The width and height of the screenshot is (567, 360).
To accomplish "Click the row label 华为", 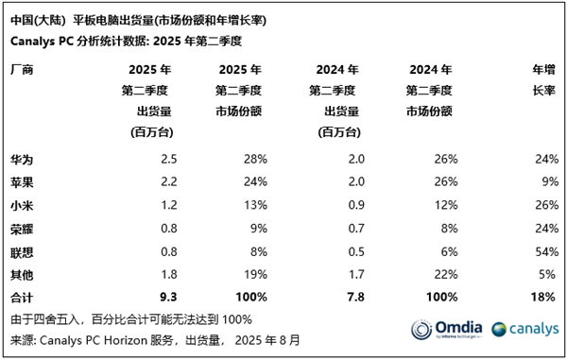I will click(21, 158).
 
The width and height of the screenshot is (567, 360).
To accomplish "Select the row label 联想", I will click(21, 252).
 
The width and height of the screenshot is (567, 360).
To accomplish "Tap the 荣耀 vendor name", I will click(21, 229).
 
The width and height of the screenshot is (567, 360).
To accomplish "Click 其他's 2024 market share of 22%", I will click(445, 275).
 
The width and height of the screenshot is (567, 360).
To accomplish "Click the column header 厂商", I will click(21, 70).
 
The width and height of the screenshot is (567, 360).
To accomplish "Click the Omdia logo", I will click(444, 330).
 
